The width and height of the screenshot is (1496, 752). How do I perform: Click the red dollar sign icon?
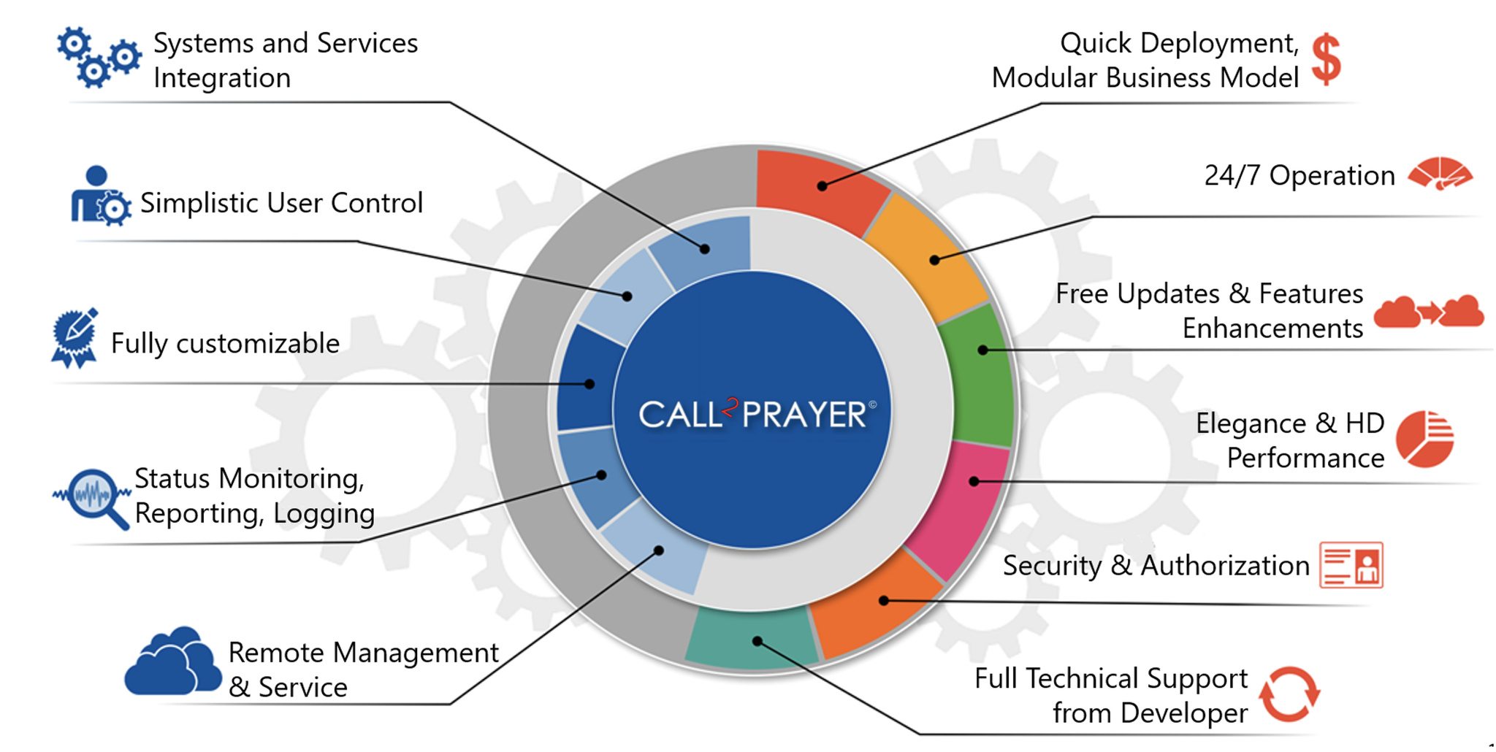(1326, 60)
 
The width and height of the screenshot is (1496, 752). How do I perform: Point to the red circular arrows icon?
(1289, 694)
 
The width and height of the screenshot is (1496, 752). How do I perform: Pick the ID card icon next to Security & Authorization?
(1351, 564)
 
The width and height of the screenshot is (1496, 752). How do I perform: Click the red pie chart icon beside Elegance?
(1424, 439)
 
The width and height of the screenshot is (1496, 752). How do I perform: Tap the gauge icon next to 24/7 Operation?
(1440, 174)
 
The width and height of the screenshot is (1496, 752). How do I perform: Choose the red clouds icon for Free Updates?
(1428, 312)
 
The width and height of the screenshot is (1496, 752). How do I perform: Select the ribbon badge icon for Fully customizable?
(75, 338)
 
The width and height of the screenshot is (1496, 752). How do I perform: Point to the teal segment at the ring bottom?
(752, 639)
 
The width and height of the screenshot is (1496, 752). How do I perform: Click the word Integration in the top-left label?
(222, 78)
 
